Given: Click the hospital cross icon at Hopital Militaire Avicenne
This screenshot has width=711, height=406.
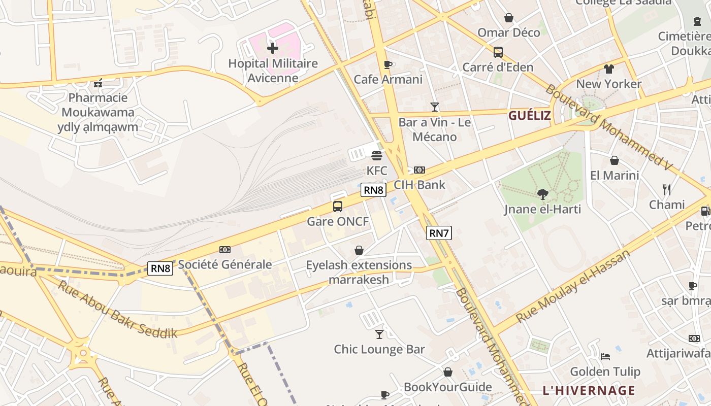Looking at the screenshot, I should coord(273,48).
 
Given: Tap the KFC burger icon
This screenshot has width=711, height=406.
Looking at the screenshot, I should coord(377,156).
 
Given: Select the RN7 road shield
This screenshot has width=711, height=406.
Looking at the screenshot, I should coord(439,233).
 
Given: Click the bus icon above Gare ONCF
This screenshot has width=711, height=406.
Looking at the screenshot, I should coord(338,207).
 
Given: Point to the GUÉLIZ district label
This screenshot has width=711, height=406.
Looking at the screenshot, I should coord(530,116).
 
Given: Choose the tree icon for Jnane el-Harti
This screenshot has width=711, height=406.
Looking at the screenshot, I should coord(543,194).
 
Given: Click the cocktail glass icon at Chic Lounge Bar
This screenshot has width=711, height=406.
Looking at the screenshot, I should coord(379,334).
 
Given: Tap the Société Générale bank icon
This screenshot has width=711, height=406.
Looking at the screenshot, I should coord(225,250).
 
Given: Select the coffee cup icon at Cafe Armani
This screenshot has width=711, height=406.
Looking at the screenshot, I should coord(388,64).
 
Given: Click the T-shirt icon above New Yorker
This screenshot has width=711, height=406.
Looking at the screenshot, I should coord(609,69).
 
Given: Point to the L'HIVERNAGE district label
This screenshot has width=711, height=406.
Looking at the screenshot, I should coord(589,390).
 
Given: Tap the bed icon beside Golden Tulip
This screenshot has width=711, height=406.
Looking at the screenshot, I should coord(605,356).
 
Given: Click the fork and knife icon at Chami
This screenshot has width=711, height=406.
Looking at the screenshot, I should coord(667,190).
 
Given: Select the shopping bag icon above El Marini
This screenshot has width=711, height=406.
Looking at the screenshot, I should coord(615,160).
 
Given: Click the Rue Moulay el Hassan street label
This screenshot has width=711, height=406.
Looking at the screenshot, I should coord(572,286).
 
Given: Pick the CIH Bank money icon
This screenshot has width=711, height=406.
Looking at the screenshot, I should coord(419,170).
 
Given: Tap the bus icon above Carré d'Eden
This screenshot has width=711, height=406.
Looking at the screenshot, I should coord(498,52).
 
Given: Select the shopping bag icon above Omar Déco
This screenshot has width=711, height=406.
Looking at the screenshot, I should coord(509,18).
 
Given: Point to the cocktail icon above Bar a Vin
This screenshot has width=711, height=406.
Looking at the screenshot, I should coord(435,107).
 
